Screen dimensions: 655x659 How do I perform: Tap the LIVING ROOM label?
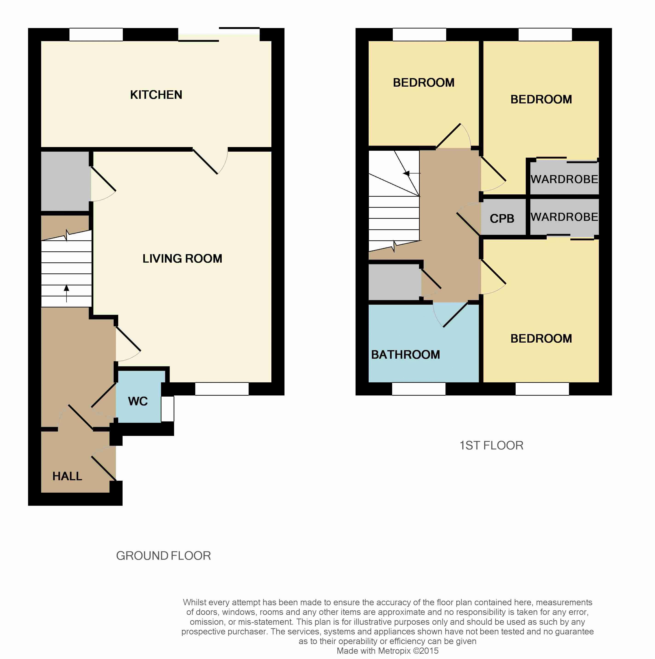point(182,258)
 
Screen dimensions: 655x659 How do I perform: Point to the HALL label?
point(67,476)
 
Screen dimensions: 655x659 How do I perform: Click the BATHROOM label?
point(405,355)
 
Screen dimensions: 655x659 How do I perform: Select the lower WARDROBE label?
point(564,217)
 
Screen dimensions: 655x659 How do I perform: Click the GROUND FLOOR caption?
point(164,556)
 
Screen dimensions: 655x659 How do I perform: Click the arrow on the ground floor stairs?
point(66,294)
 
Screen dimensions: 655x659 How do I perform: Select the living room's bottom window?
point(222,389)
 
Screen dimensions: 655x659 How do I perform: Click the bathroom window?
point(419,389)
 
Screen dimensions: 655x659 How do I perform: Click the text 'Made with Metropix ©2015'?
point(387,651)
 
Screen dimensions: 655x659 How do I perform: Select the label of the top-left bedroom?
point(424,82)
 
